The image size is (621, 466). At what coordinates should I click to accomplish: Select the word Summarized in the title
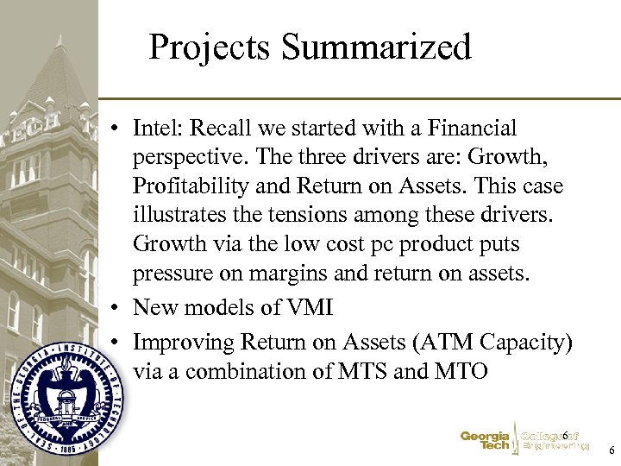coord(378,47)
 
